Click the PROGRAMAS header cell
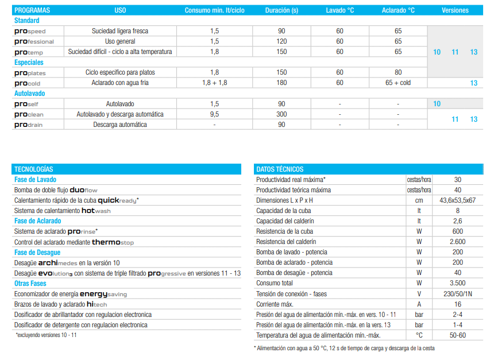pyautogui.click(x=32, y=10)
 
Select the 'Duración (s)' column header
pyautogui.click(x=281, y=10)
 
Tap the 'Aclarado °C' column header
pyautogui.click(x=397, y=10)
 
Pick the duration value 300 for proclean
pyautogui.click(x=281, y=114)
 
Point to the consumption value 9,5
pyautogui.click(x=214, y=114)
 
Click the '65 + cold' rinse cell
pyautogui.click(x=397, y=83)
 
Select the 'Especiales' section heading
pyautogui.click(x=29, y=62)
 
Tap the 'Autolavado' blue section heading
pyautogui.click(x=30, y=93)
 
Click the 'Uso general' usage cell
pyautogui.click(x=120, y=41)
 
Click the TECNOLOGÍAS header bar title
pyautogui.click(x=34, y=169)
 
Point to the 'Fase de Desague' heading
pyautogui.click(x=38, y=253)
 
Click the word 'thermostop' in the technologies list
pyautogui.click(x=113, y=242)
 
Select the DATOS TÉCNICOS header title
pyautogui.click(x=280, y=169)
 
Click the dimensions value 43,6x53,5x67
pyautogui.click(x=457, y=200)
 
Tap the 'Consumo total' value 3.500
pyautogui.click(x=457, y=283)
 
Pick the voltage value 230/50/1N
pyautogui.click(x=457, y=293)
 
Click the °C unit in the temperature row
pyautogui.click(x=419, y=335)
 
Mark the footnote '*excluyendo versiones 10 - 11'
pyautogui.click(x=46, y=335)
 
